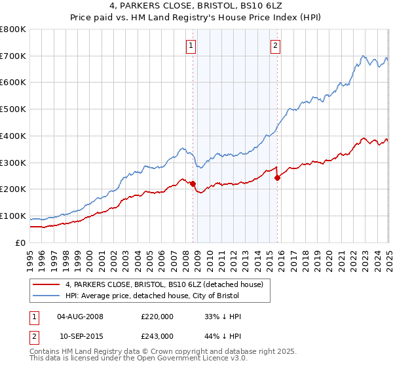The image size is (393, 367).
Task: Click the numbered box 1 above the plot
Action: click(191, 46)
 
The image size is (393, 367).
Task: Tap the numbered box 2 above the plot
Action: click(275, 46)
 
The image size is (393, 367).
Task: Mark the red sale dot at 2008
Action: click(193, 184)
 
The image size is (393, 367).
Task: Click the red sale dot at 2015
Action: click(278, 178)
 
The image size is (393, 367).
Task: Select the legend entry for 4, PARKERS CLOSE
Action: click(164, 284)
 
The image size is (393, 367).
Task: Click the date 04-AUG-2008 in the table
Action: click(81, 317)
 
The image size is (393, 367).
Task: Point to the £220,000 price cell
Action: click(157, 317)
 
